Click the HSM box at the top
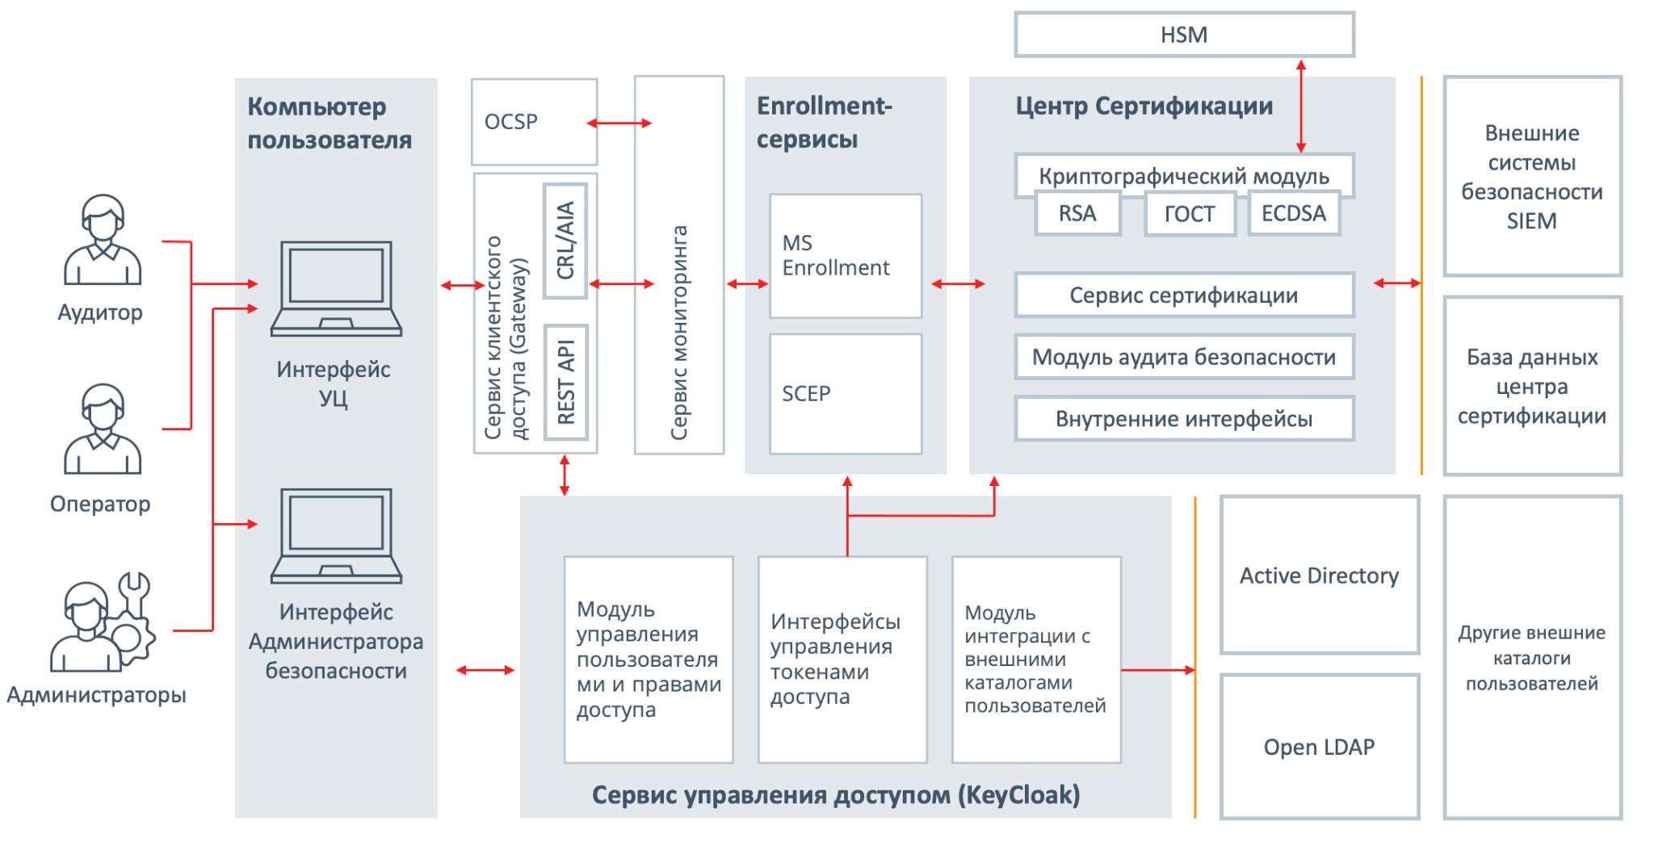[x=1184, y=35]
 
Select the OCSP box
[x=534, y=122]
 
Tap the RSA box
[x=1077, y=214]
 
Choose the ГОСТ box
[x=1190, y=214]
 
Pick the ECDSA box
[x=1294, y=214]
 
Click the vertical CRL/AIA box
[x=565, y=241]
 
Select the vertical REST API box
[x=565, y=382]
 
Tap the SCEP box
[x=846, y=394]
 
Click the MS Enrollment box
[x=846, y=256]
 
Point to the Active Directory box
[x=1320, y=575]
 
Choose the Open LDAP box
[x=1320, y=747]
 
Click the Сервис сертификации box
[x=1184, y=295]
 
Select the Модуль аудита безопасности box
[x=1184, y=357]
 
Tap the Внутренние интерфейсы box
[x=1184, y=419]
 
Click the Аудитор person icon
[x=103, y=240]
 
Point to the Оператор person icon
[x=103, y=429]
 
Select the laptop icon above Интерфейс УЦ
[x=336, y=288]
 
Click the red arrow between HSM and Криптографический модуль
[x=1300, y=106]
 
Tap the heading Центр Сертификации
[x=1144, y=106]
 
